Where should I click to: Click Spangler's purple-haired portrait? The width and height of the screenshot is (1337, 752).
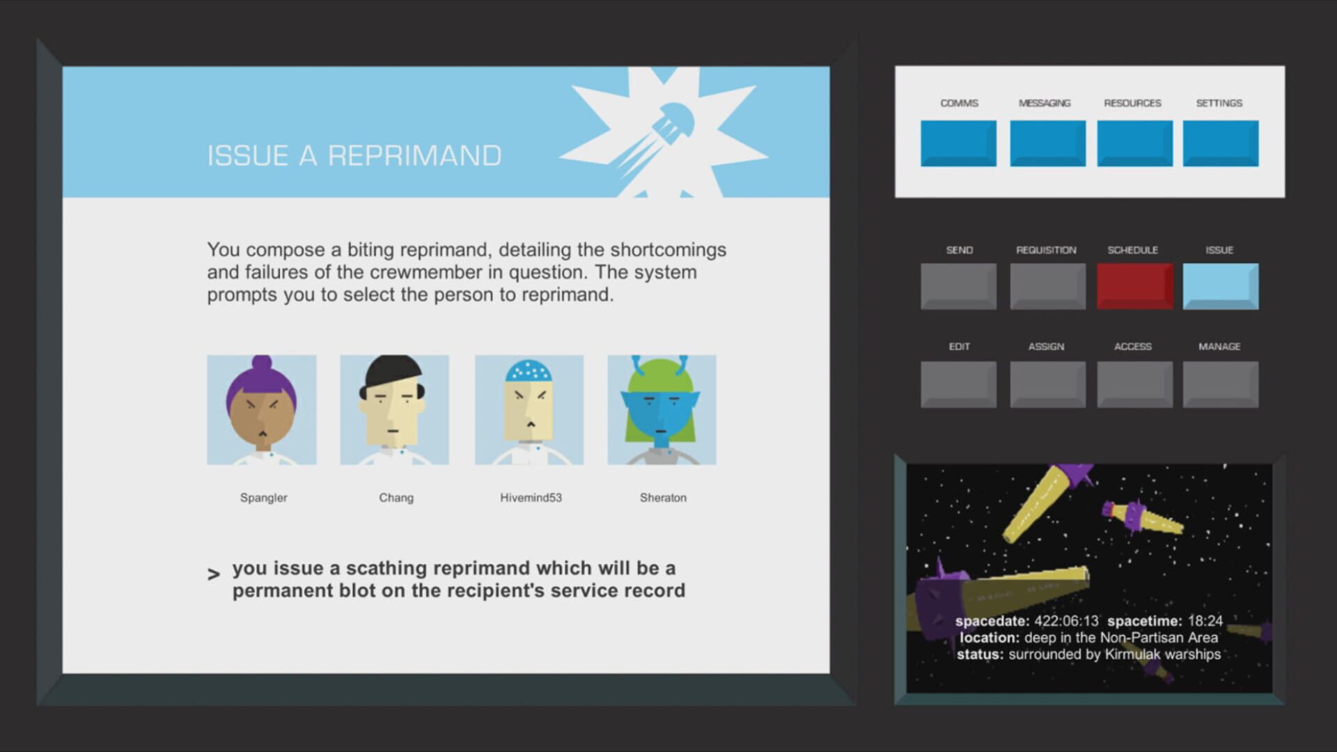[262, 410]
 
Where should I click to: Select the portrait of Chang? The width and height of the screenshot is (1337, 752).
[395, 410]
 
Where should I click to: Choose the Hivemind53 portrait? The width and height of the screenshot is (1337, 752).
[529, 410]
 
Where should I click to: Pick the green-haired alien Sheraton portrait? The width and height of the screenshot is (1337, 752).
[662, 410]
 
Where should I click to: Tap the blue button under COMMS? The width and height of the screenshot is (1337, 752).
[958, 143]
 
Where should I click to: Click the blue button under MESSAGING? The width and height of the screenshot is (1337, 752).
[1048, 143]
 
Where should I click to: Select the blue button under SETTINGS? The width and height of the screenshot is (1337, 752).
[1221, 143]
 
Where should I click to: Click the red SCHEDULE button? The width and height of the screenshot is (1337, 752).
[1135, 286]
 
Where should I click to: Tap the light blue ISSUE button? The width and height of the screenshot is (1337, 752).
[1221, 286]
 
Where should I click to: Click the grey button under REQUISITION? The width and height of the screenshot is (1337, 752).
[1048, 286]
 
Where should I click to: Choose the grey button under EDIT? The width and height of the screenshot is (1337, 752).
[958, 384]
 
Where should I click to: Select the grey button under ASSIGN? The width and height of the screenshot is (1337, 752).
[1048, 384]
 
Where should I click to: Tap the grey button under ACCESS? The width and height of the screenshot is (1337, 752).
[1135, 384]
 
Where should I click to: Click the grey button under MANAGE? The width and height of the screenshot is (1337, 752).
[1221, 384]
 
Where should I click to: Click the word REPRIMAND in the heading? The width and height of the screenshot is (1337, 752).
[414, 156]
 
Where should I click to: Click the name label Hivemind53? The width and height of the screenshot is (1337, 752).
[531, 498]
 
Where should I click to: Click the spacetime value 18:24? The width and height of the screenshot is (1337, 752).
[1205, 621]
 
